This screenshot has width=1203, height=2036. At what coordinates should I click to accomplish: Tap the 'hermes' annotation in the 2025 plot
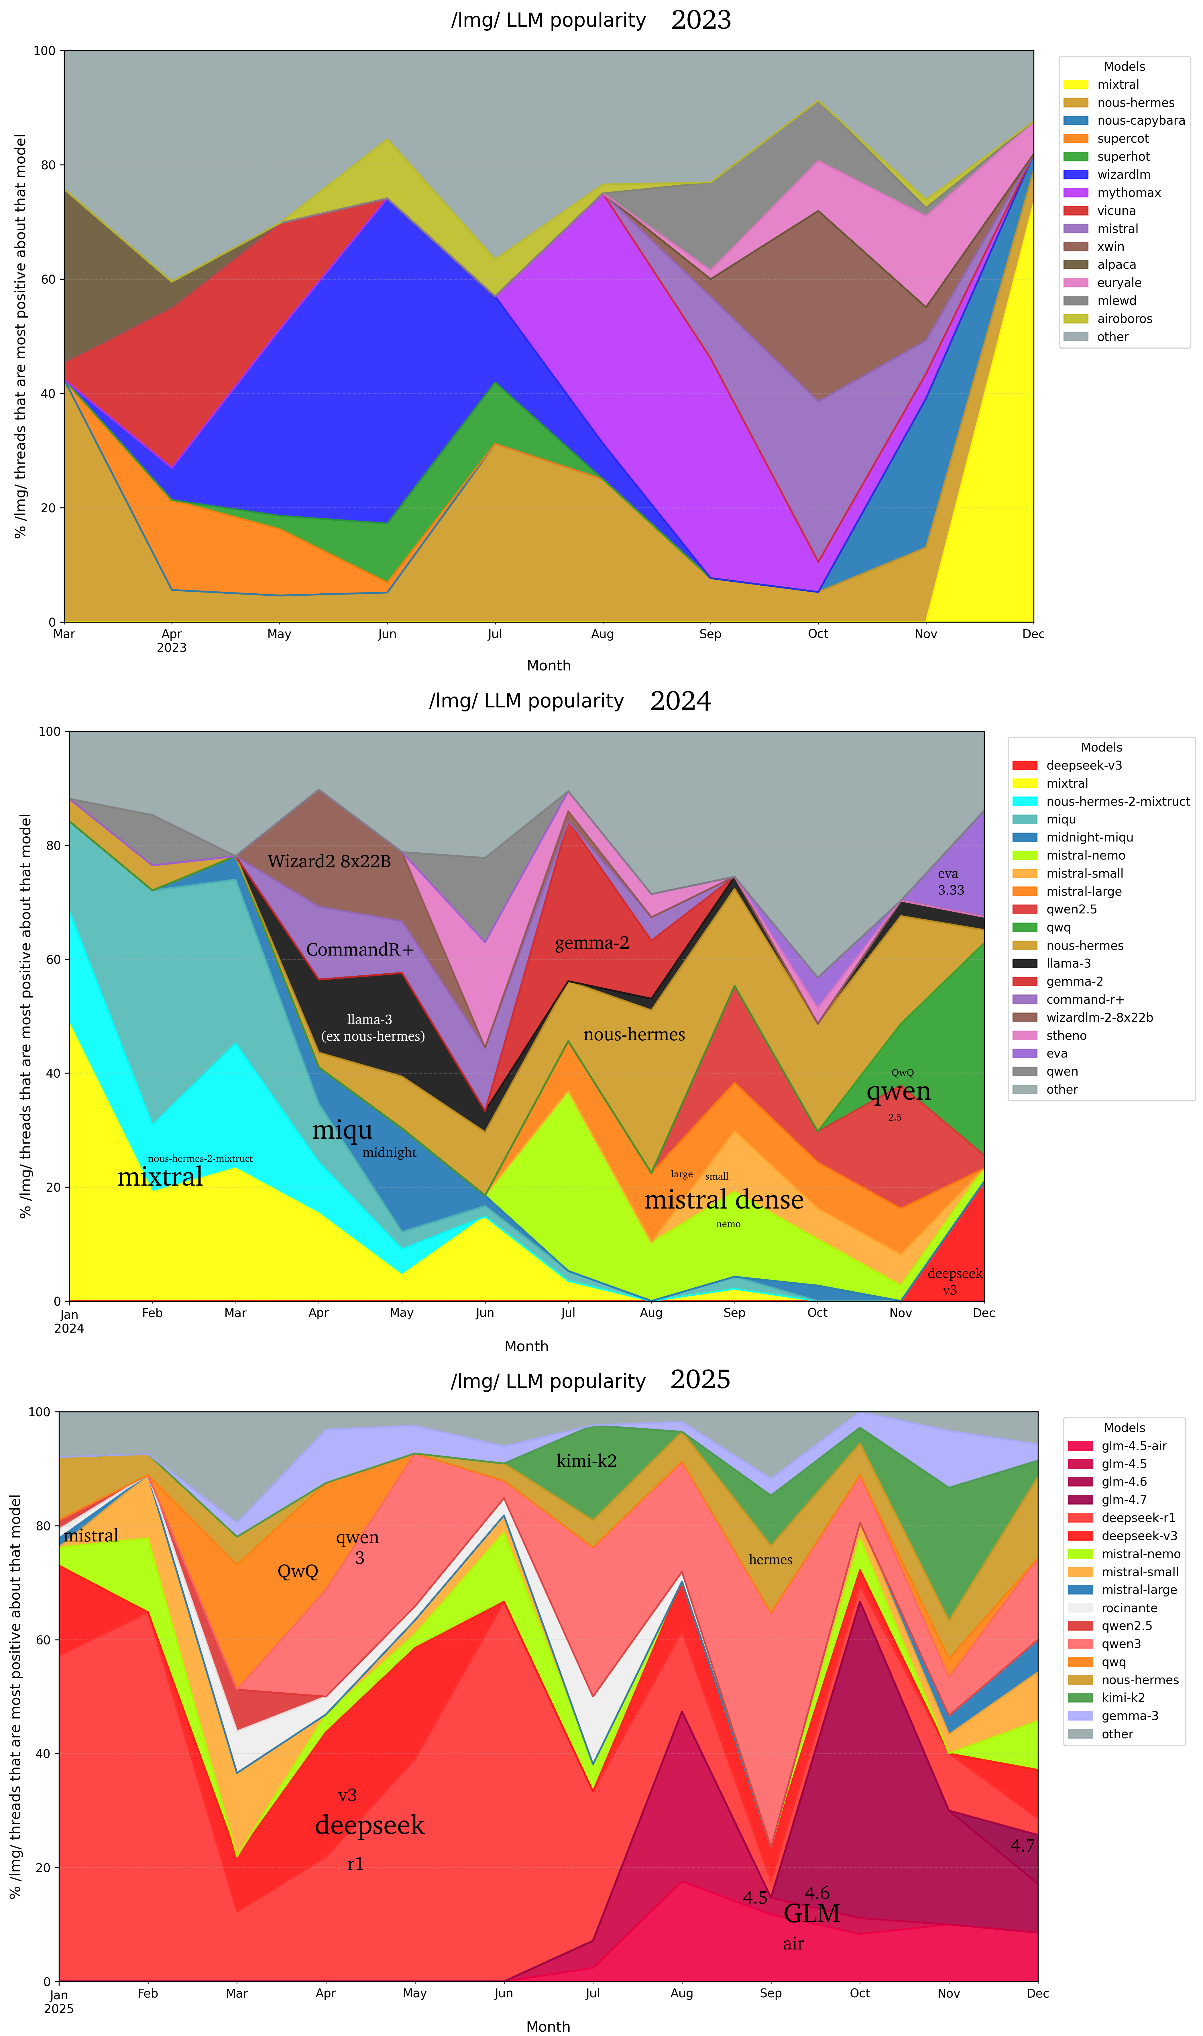tap(770, 1560)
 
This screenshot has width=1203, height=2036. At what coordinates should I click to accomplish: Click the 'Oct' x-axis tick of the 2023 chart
tap(818, 634)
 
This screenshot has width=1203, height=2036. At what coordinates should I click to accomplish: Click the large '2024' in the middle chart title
tap(680, 701)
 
